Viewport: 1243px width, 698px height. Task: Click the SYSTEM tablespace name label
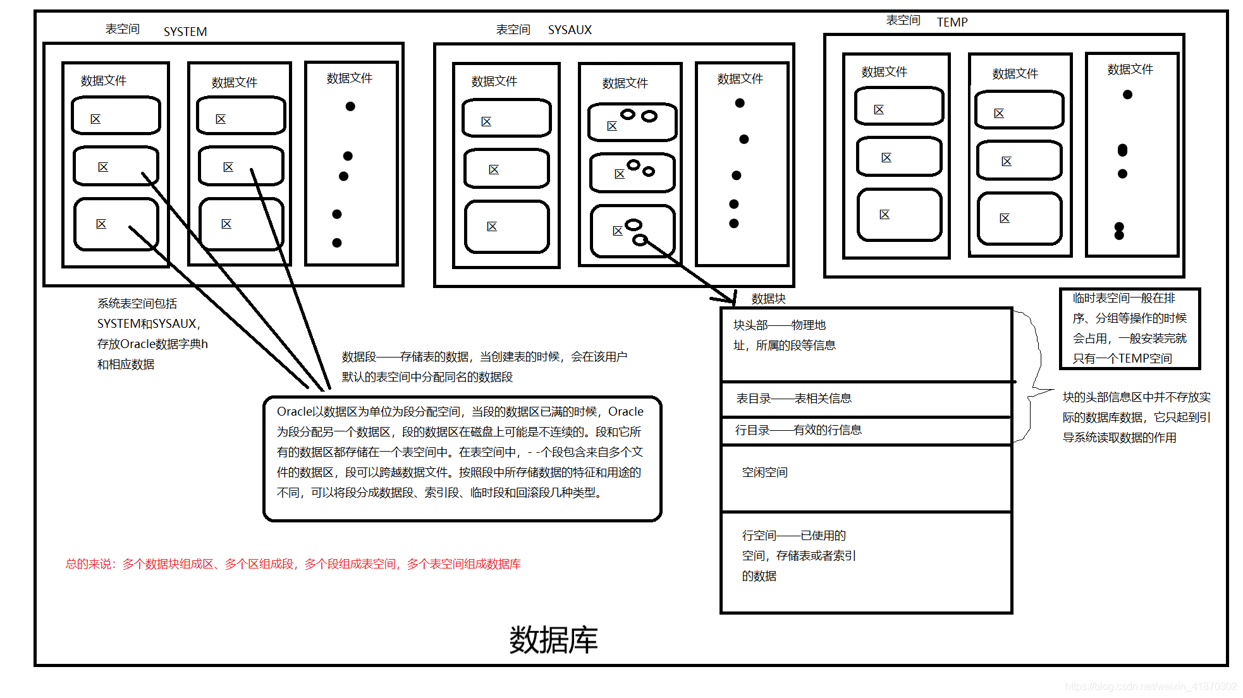pos(185,32)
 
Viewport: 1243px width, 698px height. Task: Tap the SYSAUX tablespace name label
pos(569,30)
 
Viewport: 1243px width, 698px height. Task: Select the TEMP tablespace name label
pos(952,22)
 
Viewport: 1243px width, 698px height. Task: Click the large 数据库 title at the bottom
pos(553,640)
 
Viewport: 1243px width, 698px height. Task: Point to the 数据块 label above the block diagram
pos(768,298)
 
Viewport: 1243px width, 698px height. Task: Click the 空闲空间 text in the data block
pos(764,472)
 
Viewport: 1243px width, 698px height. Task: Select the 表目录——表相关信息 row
pos(793,399)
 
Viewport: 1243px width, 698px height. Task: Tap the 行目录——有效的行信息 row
pos(798,430)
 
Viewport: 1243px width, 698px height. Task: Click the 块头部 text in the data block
pos(750,325)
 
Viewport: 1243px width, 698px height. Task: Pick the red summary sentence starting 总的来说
pos(293,564)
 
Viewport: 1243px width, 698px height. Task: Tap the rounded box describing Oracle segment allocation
pos(462,459)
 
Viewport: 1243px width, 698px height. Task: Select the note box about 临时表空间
pos(1129,328)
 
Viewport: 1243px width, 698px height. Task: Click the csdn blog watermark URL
pos(1150,687)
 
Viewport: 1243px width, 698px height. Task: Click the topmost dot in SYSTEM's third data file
pos(350,106)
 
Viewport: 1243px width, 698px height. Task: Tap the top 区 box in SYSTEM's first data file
pos(116,116)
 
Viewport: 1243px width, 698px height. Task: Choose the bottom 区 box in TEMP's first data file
pos(899,215)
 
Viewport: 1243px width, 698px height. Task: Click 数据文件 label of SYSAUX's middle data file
pos(625,83)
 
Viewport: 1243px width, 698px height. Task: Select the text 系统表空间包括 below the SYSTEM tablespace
pos(137,304)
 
